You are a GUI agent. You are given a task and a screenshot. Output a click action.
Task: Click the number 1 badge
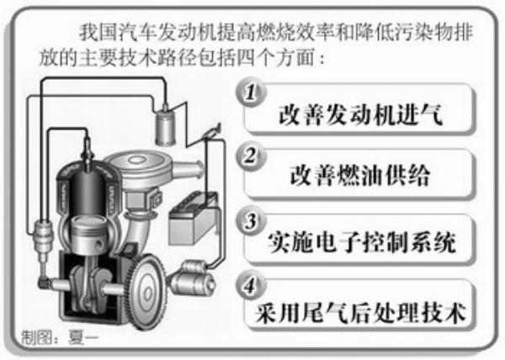[251, 93]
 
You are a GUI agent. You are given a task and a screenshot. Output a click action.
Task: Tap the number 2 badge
[251, 156]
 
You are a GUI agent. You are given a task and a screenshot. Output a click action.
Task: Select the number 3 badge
[251, 222]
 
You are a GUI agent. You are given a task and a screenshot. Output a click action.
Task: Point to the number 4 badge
[251, 286]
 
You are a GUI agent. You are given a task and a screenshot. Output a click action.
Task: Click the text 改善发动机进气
[361, 115]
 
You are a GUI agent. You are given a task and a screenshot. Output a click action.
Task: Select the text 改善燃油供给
[360, 176]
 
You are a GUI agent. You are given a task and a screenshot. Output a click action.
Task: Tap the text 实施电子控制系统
[361, 242]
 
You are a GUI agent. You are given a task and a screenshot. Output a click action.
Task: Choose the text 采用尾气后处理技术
[361, 313]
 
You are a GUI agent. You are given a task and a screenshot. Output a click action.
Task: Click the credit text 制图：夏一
[60, 338]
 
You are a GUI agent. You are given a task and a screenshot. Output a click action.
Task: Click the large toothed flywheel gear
[147, 292]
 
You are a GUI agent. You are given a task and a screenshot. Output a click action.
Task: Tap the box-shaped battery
[193, 219]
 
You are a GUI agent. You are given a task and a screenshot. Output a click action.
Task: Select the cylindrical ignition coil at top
[165, 125]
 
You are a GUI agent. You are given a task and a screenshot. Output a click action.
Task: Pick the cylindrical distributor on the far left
[42, 239]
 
